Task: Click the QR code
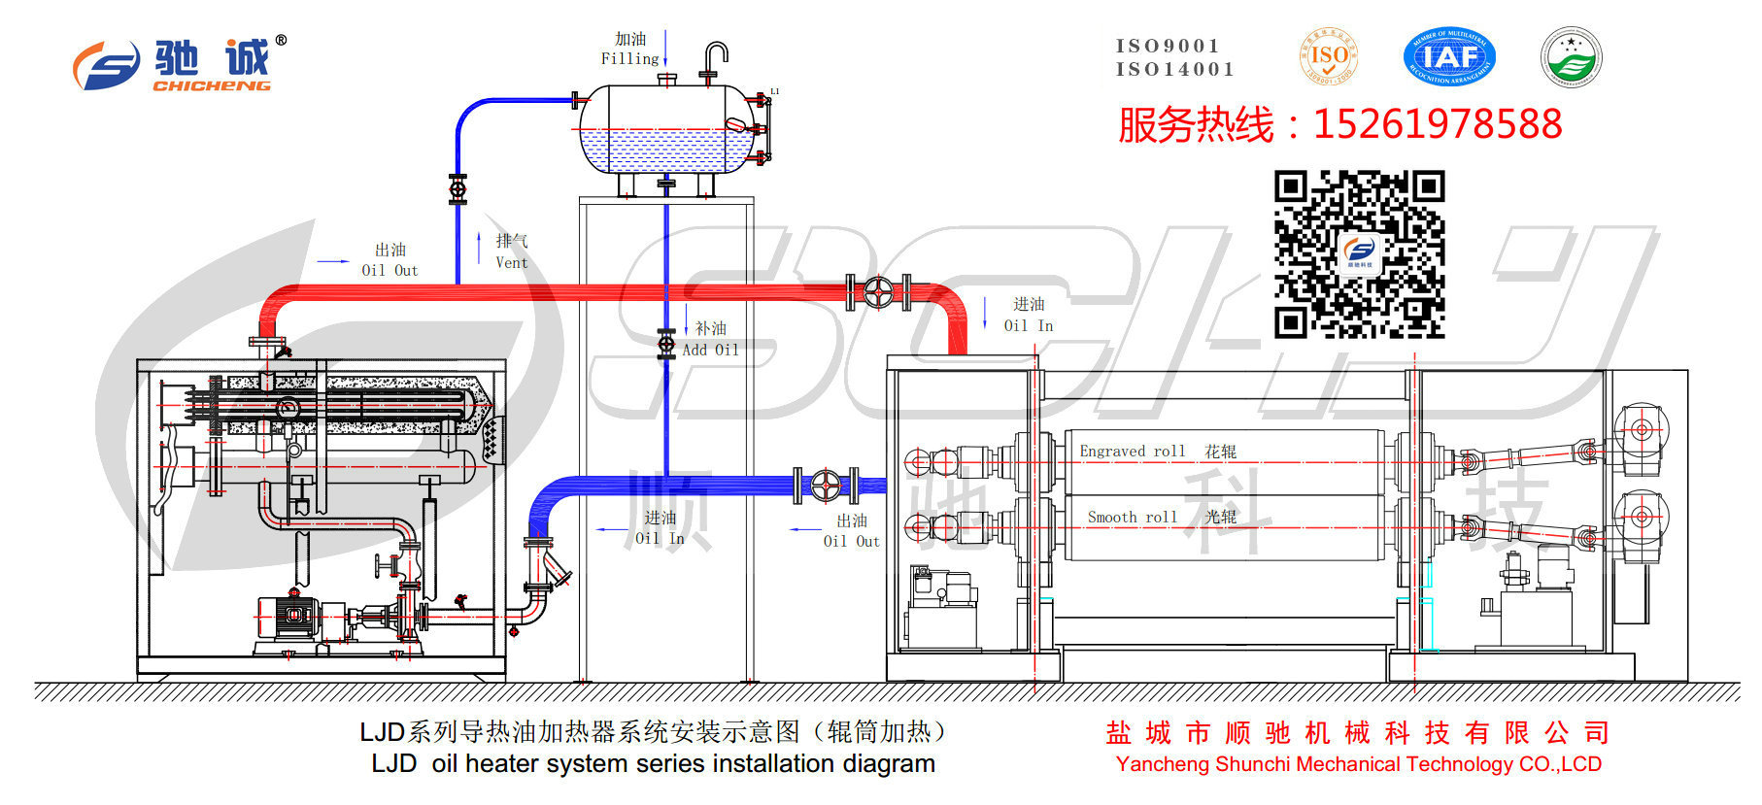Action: pyautogui.click(x=1359, y=254)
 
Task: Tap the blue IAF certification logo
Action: pyautogui.click(x=1449, y=56)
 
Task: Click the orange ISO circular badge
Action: pyautogui.click(x=1329, y=56)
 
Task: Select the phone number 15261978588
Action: pyautogui.click(x=1438, y=124)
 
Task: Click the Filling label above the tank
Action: pyautogui.click(x=629, y=59)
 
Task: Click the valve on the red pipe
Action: pyautogui.click(x=878, y=292)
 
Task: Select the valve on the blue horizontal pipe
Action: pyautogui.click(x=827, y=485)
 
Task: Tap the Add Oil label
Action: pyautogui.click(x=710, y=350)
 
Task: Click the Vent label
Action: pyautogui.click(x=512, y=262)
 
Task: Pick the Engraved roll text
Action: pyautogui.click(x=1133, y=452)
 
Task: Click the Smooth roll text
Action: pyautogui.click(x=1132, y=518)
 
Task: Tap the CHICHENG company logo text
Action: pyautogui.click(x=211, y=85)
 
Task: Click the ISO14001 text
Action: pyautogui.click(x=1174, y=70)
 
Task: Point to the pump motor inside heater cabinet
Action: pyautogui.click(x=289, y=617)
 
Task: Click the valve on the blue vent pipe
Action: pyautogui.click(x=457, y=188)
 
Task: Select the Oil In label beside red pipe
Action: pyautogui.click(x=1029, y=326)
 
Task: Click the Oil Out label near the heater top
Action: pyautogui.click(x=390, y=271)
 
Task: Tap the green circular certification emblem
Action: pyautogui.click(x=1571, y=56)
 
